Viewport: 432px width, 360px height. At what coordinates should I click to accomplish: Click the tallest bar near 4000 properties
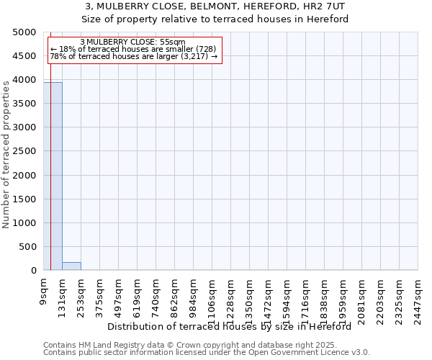coord(53,176)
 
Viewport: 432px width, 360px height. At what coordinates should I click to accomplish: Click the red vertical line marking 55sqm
coord(50,180)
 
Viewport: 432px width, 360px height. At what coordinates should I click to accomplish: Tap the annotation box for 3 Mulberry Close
coord(134,49)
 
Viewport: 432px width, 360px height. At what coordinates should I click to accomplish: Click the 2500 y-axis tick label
coord(24,151)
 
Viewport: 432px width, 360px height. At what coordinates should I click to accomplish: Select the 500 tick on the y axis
coord(29,247)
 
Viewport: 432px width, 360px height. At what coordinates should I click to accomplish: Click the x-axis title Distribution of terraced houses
coord(234,327)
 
